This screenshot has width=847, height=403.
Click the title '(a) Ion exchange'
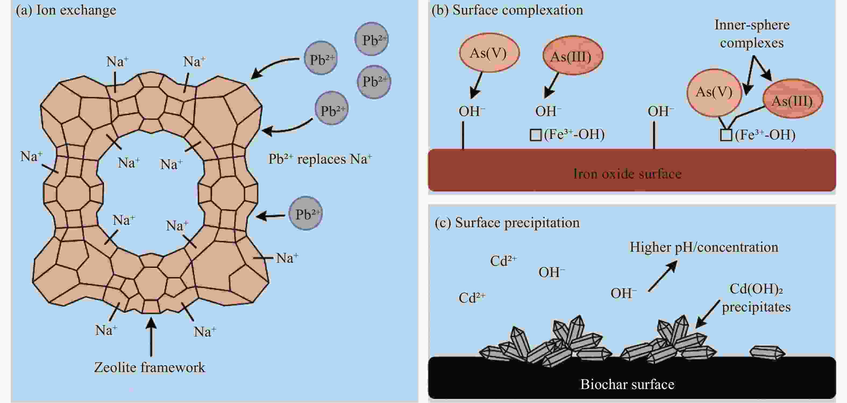(x=66, y=10)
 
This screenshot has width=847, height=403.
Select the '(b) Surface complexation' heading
(x=507, y=10)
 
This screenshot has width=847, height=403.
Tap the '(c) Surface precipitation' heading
(x=507, y=223)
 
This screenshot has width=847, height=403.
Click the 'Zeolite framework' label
(x=150, y=367)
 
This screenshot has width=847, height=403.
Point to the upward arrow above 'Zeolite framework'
(x=151, y=336)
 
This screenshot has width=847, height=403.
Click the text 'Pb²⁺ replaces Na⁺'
(x=320, y=159)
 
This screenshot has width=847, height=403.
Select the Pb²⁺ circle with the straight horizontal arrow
(x=305, y=213)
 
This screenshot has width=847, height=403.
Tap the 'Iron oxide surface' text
(x=627, y=174)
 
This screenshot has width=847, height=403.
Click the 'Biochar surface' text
(x=627, y=384)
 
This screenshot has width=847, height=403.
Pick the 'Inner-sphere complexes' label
(x=752, y=34)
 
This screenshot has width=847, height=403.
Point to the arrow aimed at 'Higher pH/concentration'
(x=663, y=276)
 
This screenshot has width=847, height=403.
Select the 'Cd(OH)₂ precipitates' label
(x=756, y=298)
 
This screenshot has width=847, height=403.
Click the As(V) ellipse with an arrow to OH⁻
(x=489, y=53)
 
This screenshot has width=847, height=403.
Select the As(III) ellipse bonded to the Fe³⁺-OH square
(x=793, y=99)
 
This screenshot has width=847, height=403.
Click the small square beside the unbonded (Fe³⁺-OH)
(x=536, y=135)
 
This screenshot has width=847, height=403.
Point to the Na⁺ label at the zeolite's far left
(x=31, y=156)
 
